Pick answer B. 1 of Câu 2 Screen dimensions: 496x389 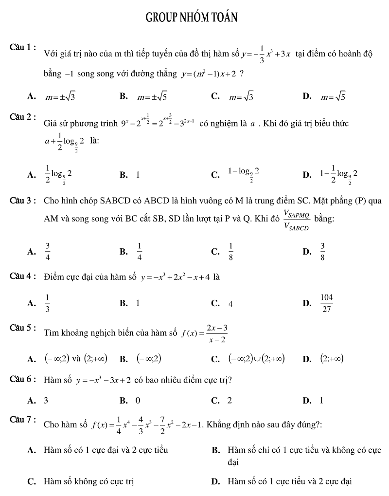tap(138, 174)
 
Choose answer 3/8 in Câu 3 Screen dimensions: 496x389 tap(322, 251)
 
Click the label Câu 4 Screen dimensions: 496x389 tap(23, 276)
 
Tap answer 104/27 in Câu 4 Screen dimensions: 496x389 tap(327, 303)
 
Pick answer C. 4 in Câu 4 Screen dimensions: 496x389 tap(230, 304)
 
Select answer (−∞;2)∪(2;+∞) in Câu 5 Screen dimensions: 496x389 tap(256, 359)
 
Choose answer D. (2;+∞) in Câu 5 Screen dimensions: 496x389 tap(332, 359)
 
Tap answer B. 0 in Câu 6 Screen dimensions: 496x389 tap(138, 401)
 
